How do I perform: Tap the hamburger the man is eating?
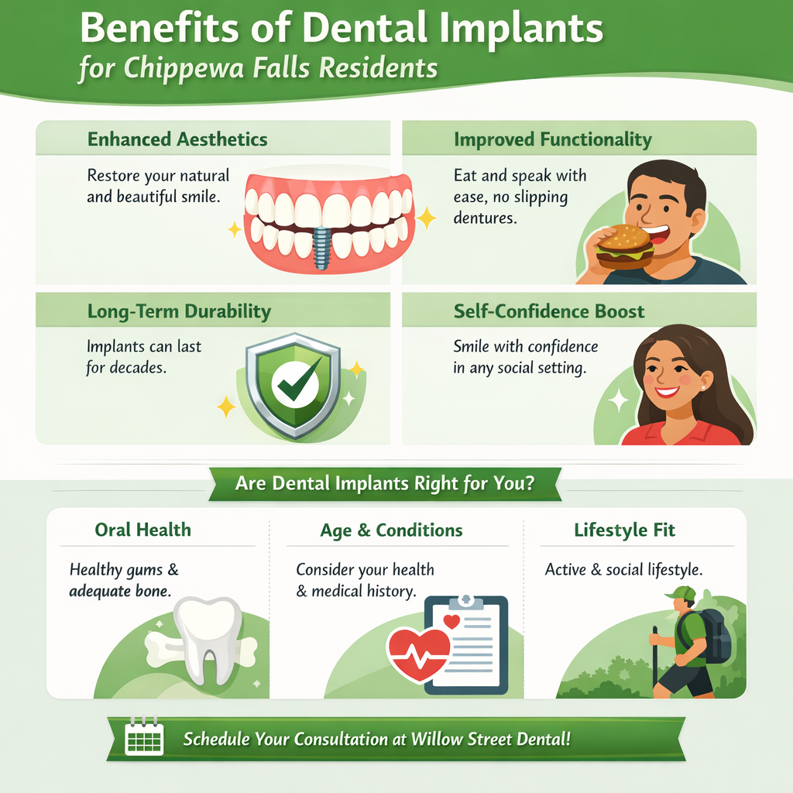tap(625, 247)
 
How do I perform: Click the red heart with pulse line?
tap(418, 653)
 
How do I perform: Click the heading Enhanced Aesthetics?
tap(177, 139)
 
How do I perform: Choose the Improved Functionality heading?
tap(552, 139)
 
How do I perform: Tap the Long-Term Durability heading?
tap(179, 311)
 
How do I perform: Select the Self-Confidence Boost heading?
tap(548, 311)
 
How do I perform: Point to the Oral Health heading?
tap(142, 530)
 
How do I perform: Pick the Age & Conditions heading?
tap(391, 530)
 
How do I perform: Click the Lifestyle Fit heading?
tap(624, 530)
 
